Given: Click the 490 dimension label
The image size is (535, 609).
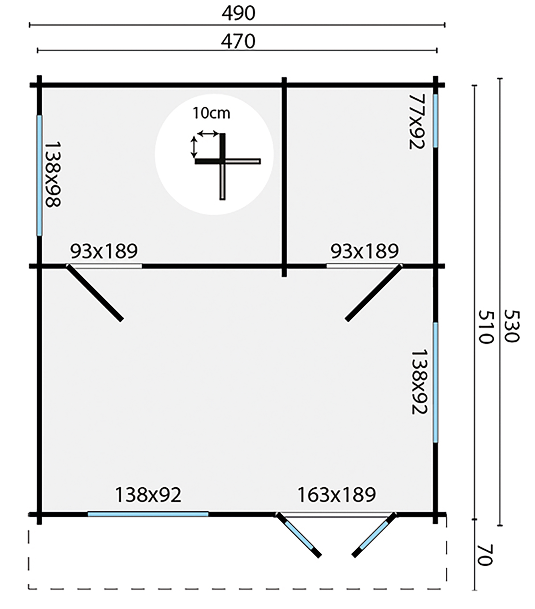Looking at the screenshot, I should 238,13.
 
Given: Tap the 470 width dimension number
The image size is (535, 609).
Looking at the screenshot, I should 238,41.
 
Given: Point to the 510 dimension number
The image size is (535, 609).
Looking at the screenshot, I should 486,327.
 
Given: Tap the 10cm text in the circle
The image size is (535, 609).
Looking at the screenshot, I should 211,113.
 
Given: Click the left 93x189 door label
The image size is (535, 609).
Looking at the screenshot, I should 104,251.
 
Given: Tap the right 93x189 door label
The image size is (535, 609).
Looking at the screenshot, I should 364,251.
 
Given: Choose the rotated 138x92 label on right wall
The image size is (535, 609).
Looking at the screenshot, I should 419,382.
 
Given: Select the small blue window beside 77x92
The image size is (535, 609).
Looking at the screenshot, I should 435,121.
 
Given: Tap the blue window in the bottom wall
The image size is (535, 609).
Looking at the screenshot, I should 148,514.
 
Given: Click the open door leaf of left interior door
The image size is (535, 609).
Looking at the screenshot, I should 95,293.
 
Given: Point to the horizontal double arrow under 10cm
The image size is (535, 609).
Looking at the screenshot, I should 208,134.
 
